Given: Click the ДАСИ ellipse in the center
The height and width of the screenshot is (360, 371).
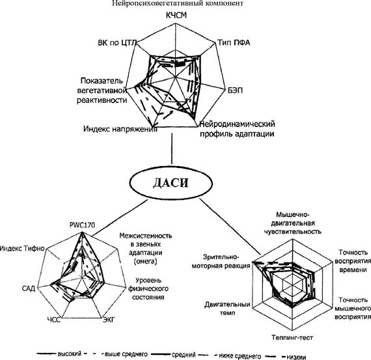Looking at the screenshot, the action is (x=171, y=183).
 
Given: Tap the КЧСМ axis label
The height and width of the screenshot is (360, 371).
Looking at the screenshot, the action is (x=176, y=16).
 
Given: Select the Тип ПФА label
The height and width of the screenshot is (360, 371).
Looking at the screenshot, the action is (x=234, y=42).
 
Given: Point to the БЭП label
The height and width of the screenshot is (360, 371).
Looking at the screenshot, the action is (x=235, y=90).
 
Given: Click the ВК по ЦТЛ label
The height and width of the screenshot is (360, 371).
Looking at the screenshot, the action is (x=117, y=43).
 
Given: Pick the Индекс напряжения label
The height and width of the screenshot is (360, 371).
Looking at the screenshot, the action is (x=120, y=129).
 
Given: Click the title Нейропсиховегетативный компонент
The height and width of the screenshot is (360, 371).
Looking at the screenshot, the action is (x=178, y=3).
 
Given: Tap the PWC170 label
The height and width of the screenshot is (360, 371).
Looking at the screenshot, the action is (x=82, y=225).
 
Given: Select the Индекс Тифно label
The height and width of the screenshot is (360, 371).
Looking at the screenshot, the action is (x=22, y=248).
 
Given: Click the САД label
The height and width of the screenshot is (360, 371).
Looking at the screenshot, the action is (x=29, y=288).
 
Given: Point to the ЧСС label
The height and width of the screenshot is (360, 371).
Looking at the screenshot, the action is (x=54, y=320).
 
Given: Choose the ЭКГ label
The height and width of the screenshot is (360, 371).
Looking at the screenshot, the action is (x=109, y=320).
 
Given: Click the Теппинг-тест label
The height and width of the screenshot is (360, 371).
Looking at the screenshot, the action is (x=292, y=337).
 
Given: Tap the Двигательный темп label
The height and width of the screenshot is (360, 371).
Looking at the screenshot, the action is (x=227, y=309).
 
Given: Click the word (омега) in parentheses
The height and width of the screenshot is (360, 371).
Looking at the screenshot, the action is (x=146, y=262).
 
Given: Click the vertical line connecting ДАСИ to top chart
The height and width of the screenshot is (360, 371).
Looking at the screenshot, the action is (x=172, y=149).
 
